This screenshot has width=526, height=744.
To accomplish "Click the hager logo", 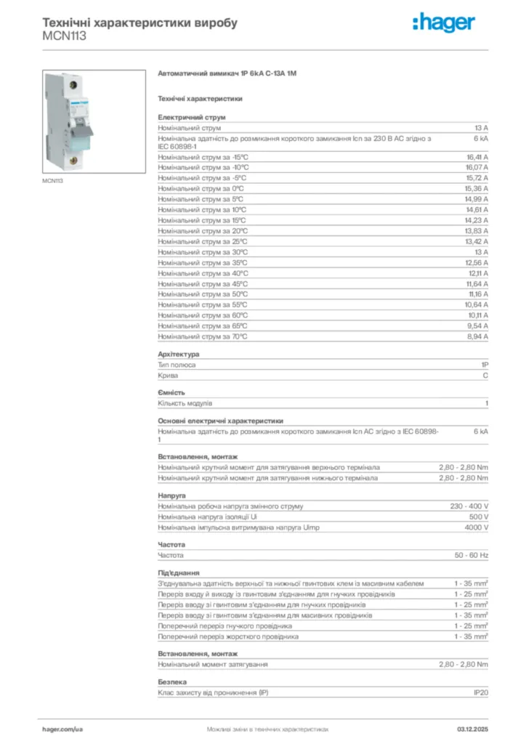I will coord(444,23).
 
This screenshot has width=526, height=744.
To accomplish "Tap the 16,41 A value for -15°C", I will coord(477,157).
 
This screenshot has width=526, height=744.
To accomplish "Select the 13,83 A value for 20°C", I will coord(477,231).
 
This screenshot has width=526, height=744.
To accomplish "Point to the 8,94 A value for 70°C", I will coord(477,337).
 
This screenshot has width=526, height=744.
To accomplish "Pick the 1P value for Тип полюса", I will coord(484,365).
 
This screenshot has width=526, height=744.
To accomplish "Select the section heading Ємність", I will coord(171,392).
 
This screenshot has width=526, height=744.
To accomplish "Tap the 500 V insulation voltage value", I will coord(477,517).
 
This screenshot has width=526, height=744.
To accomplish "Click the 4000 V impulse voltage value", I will coord(476,527).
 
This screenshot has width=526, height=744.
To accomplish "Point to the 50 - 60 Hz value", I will coord(472,555).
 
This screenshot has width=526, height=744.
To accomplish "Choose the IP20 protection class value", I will coord(480,693).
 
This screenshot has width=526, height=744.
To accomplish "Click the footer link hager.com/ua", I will coord(62,728).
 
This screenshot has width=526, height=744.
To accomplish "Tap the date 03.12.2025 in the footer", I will coord(472,728).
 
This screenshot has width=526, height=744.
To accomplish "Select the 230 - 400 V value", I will coord(469,506).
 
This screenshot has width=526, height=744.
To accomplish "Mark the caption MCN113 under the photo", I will coord(52,180).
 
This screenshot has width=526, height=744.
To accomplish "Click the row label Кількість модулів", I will coord(185,403).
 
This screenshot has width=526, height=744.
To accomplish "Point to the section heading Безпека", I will coord(172,682).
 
